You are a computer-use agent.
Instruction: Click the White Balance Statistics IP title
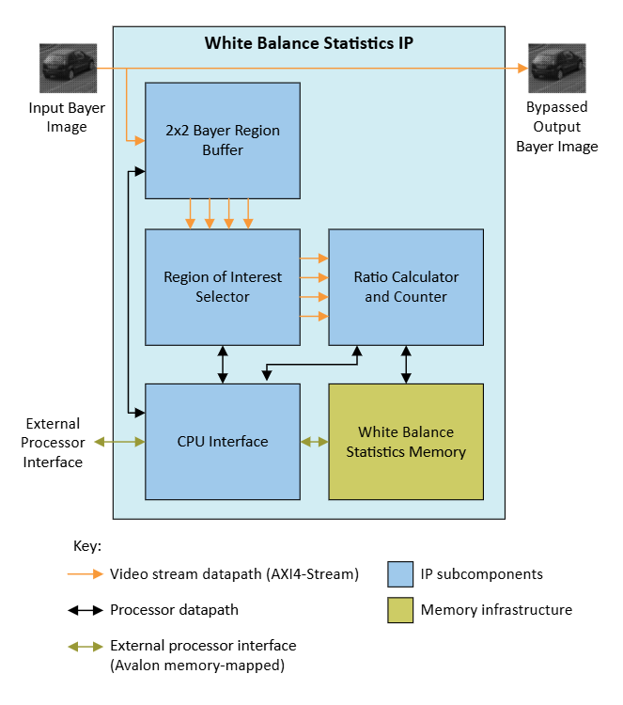click(308, 43)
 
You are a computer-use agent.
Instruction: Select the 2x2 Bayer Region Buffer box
click(223, 140)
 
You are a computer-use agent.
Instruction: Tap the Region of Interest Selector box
click(223, 287)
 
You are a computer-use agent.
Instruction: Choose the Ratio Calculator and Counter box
click(406, 287)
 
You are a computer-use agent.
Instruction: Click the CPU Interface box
click(223, 441)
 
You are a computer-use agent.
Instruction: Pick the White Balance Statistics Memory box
click(406, 441)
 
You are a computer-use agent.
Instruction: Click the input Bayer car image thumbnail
click(68, 68)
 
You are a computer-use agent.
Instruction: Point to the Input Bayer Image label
click(67, 117)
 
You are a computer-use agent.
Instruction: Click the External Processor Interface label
click(54, 443)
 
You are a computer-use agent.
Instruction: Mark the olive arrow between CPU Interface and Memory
click(314, 441)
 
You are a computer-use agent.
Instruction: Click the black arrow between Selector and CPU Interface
click(223, 364)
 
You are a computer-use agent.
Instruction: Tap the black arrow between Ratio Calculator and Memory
click(406, 364)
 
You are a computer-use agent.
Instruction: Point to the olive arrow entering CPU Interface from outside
click(115, 441)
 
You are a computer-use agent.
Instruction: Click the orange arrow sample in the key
click(84, 574)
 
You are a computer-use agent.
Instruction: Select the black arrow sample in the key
click(84, 610)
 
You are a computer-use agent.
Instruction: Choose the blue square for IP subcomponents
click(400, 574)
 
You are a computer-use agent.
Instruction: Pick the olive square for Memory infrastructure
click(400, 610)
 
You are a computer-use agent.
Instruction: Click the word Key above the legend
click(86, 546)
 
